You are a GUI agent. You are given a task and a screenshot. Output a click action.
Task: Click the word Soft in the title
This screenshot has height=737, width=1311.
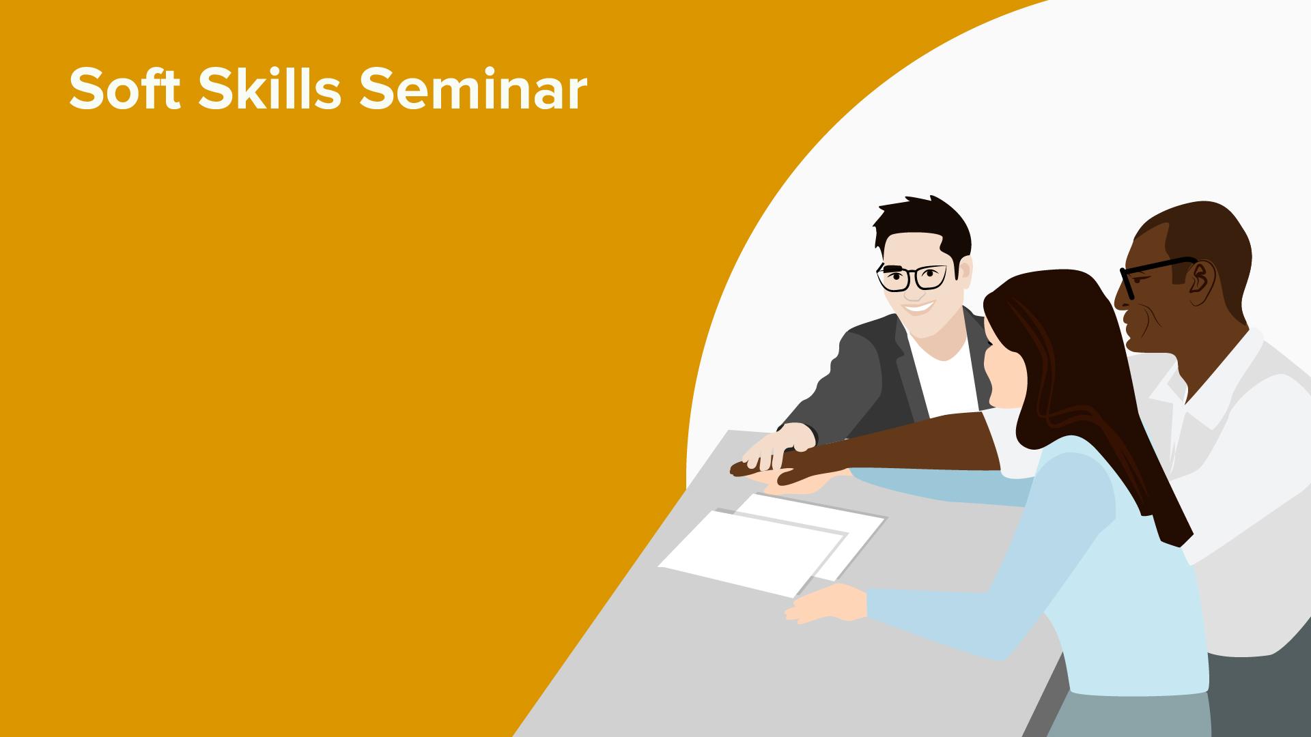125,89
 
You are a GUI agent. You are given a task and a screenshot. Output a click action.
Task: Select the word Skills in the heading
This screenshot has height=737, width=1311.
269,89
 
